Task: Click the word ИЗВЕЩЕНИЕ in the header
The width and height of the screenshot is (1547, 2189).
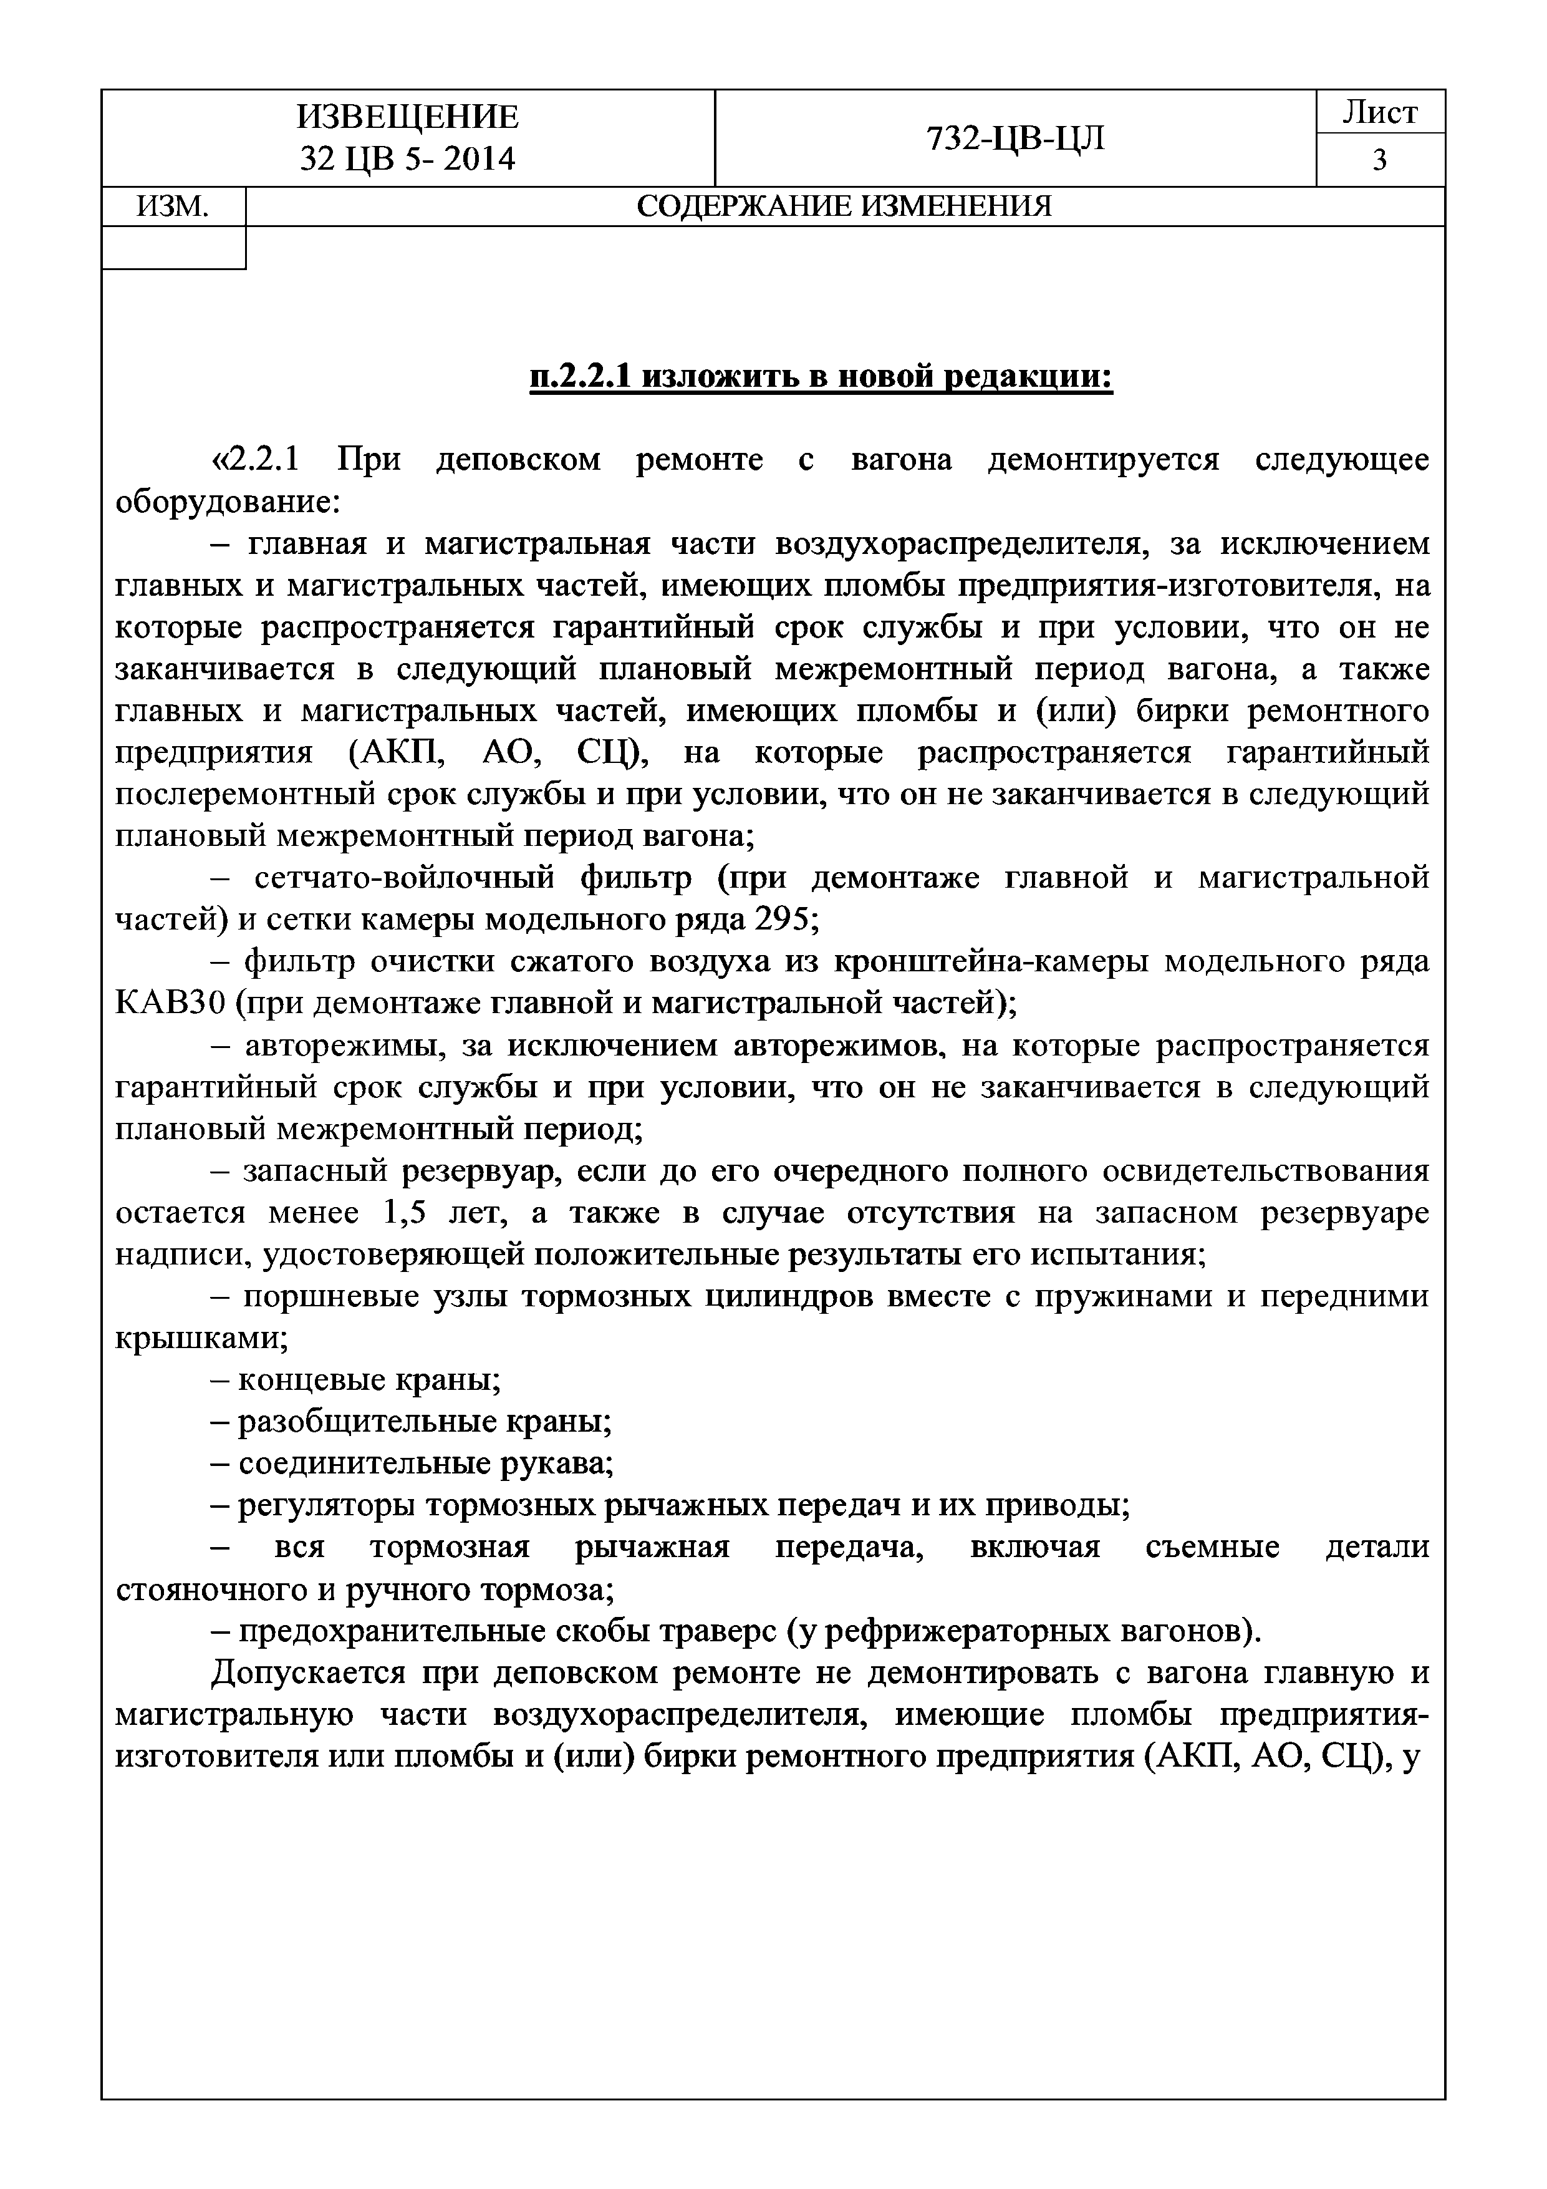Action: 407,116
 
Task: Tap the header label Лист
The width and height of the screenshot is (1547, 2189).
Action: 1379,112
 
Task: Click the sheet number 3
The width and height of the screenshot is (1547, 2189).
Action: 1379,160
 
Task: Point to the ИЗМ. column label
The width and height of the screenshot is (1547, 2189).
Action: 173,206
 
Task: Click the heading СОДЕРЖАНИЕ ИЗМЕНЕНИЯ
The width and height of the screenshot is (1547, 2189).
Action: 844,206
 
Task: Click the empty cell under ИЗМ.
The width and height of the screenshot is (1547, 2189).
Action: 173,248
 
